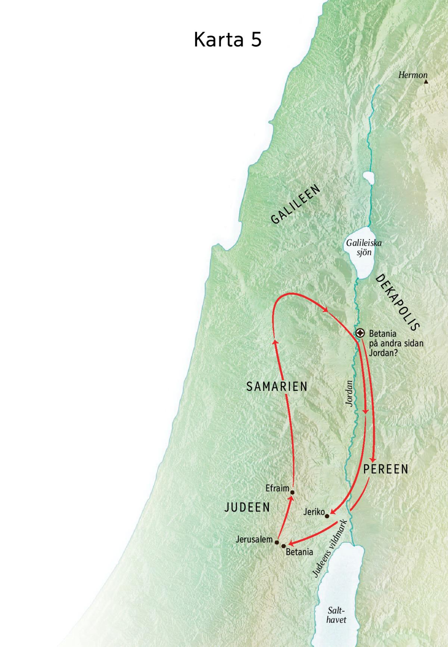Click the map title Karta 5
pos(227,40)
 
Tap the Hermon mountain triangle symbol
pos(426,81)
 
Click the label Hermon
pos(412,75)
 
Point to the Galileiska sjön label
pos(364,247)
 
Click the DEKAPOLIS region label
pos(398,302)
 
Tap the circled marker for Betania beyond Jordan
pos(360,333)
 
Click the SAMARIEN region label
pos(277,386)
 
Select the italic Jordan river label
pos(349,393)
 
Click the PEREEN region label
pos(386,469)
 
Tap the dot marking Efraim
pos(292,492)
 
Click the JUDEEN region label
pos(247,507)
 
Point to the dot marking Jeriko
pos(327,516)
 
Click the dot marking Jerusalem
pos(277,542)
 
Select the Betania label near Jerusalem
pos(299,552)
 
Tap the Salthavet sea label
pos(336,615)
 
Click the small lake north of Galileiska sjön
pos(368,179)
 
